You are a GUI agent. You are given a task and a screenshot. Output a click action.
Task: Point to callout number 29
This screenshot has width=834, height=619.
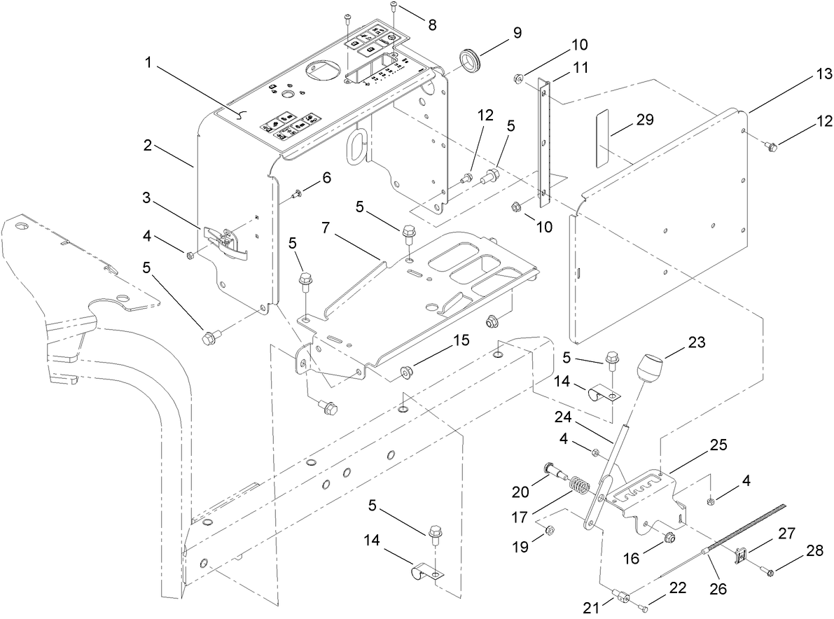tap(644, 119)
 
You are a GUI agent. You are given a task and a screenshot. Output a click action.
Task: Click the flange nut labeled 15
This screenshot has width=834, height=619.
tap(405, 370)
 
